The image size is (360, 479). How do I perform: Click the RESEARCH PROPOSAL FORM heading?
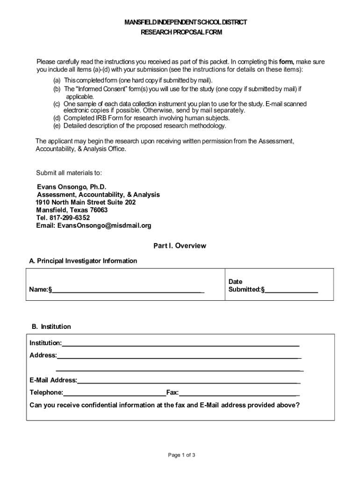[182, 32]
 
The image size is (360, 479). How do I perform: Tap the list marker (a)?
[57, 80]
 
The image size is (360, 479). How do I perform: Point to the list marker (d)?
[57, 118]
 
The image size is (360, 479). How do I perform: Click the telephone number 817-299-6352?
[70, 218]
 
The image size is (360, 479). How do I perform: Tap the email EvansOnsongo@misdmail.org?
[104, 225]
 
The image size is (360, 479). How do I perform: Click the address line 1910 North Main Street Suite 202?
[86, 203]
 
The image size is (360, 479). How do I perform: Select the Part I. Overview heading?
[180, 246]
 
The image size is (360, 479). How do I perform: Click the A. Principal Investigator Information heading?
[83, 261]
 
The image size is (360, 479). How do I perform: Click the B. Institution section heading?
[51, 327]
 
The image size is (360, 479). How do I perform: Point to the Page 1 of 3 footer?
[182, 455]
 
